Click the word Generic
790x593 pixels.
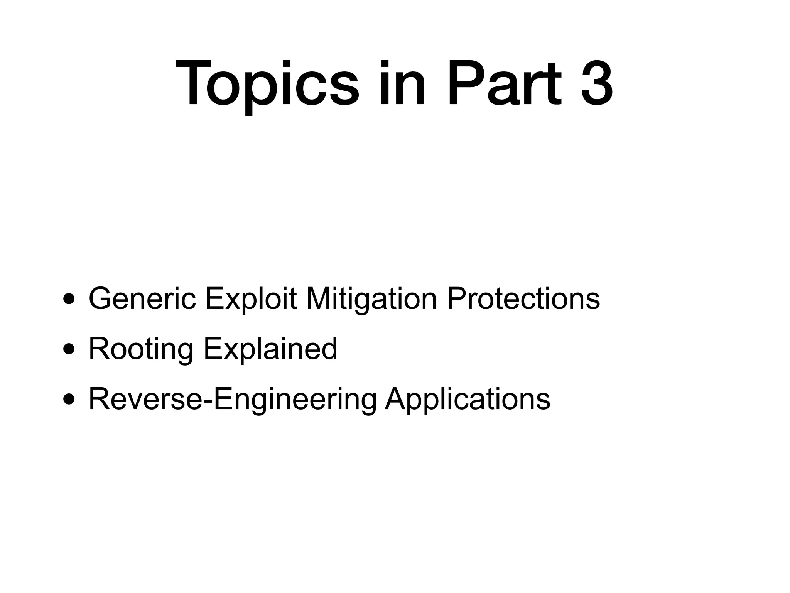[142, 298]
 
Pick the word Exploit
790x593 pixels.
[251, 298]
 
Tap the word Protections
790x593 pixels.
[523, 298]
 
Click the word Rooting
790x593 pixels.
[141, 349]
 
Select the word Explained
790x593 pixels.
[270, 349]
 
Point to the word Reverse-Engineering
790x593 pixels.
[233, 399]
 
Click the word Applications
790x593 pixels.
[468, 399]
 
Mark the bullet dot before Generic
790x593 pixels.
[69, 299]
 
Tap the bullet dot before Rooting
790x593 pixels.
[69, 349]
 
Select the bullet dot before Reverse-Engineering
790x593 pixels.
[69, 400]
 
